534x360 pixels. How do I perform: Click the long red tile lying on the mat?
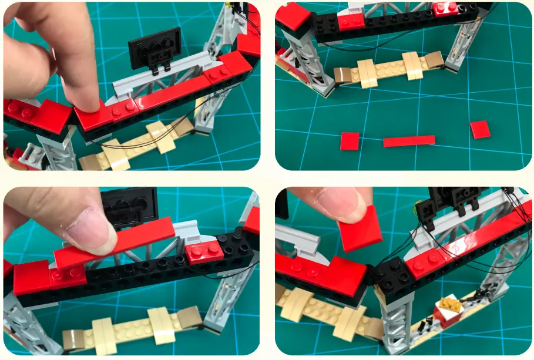click(409, 141)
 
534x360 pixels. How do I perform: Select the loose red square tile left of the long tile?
click(350, 141)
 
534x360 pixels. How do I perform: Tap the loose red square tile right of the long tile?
click(480, 129)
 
